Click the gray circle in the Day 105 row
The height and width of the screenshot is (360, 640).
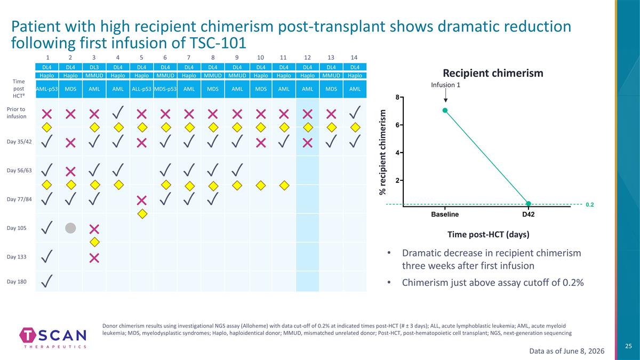coord(70,228)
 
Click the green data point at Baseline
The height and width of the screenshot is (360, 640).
coord(445,110)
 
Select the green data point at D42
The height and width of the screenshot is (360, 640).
coord(529,204)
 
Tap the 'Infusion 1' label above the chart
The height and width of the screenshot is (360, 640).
coord(445,85)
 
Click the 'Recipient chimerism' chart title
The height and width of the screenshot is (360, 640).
coord(493,73)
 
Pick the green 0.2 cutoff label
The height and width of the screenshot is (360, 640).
coord(590,205)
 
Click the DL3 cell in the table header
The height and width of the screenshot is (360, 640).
coord(94,67)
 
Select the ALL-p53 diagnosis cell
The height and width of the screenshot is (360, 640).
coord(141,89)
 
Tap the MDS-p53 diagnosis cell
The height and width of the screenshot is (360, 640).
coord(165,89)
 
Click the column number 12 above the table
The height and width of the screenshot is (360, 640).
coord(307,58)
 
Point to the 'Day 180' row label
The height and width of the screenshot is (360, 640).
coord(17,282)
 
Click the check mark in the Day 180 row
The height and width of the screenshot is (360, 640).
coord(47,281)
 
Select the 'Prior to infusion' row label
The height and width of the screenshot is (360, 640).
coord(17,113)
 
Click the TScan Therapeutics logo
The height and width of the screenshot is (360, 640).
coord(53,338)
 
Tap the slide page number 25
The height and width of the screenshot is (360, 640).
coord(628,346)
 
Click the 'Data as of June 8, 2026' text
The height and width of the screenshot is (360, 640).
coord(567,351)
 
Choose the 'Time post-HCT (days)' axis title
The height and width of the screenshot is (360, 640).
coord(489,235)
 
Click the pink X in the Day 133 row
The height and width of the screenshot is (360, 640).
coord(94,258)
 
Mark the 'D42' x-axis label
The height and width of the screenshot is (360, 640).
coord(529,214)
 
